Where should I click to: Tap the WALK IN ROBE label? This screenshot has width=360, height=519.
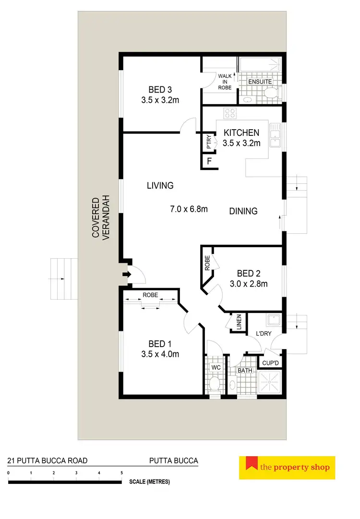point(225,82)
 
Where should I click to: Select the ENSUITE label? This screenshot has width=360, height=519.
point(260,82)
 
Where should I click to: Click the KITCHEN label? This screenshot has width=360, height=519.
point(242,133)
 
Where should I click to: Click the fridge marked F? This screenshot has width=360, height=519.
point(209,161)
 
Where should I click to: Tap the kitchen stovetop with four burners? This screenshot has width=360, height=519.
point(230,114)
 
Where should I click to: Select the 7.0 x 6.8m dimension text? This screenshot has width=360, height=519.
point(189,209)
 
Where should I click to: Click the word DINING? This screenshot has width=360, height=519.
point(243,211)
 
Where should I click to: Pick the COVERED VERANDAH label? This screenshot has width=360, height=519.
point(101,217)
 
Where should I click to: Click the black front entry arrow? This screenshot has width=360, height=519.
point(126,275)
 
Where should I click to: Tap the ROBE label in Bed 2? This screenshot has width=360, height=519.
point(207,264)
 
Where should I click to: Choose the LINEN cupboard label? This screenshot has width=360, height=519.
point(238,323)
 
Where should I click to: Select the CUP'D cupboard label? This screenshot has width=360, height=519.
point(270,362)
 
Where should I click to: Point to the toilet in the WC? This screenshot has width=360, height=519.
point(215,384)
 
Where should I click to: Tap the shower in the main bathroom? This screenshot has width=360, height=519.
point(270,382)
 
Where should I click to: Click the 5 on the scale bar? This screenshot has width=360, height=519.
point(122,473)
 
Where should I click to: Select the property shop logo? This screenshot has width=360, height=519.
point(287,468)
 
